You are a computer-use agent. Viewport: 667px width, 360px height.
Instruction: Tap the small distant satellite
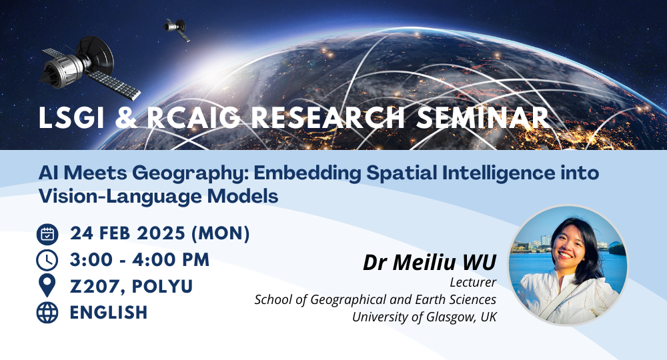(x=176, y=29)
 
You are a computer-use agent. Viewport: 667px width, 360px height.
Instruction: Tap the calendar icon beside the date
(x=47, y=234)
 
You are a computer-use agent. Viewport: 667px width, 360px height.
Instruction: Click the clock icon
(x=47, y=260)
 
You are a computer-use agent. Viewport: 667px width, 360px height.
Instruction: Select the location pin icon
(x=47, y=286)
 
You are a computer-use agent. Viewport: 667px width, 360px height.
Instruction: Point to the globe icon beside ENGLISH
(x=47, y=312)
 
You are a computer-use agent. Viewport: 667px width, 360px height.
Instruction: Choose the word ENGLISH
(x=108, y=312)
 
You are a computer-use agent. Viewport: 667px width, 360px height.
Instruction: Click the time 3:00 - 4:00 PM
(x=139, y=260)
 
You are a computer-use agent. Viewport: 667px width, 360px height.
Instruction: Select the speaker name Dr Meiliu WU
(x=430, y=262)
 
